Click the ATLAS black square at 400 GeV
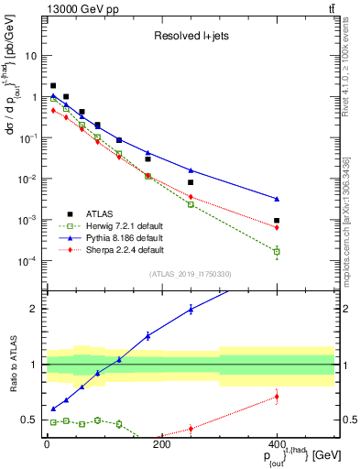click(x=277, y=220)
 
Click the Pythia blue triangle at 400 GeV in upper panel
click(x=277, y=199)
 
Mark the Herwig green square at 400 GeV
click(x=277, y=251)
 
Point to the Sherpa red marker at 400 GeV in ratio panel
click(x=277, y=397)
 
